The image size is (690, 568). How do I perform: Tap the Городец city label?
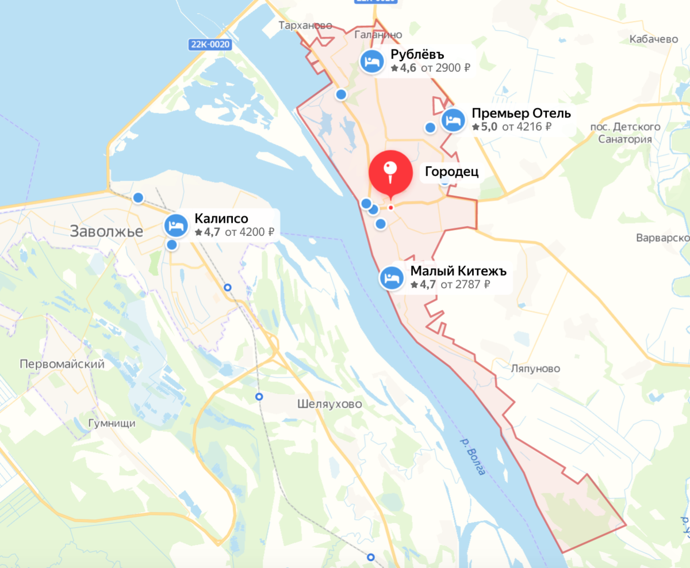(x=451, y=171)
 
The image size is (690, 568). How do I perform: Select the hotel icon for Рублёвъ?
(x=371, y=61)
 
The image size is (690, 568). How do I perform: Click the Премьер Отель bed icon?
(x=453, y=120)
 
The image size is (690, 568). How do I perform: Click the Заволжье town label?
(x=106, y=231)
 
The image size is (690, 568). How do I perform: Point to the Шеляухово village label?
(x=331, y=404)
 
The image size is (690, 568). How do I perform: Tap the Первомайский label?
(x=62, y=364)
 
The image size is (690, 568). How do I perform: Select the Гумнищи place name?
(x=112, y=423)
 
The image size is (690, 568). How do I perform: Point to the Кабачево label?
(x=654, y=39)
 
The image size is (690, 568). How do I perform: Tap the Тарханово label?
(x=306, y=25)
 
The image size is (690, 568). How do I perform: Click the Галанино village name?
(x=378, y=35)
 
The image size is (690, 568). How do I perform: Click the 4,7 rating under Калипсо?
(x=210, y=232)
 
